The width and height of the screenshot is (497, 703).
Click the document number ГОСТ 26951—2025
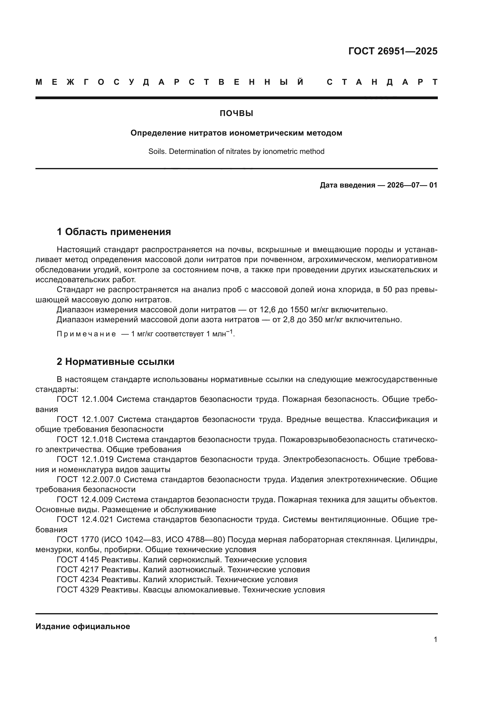pyautogui.click(x=393, y=51)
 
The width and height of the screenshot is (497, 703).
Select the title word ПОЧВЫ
pyautogui.click(x=236, y=114)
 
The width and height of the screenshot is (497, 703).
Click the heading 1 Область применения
pyautogui.click(x=114, y=232)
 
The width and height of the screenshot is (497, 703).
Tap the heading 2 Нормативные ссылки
pyautogui.click(x=115, y=362)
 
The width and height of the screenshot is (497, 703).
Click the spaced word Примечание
pyautogui.click(x=86, y=334)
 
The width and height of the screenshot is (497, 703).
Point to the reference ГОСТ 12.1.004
pyautogui.click(x=85, y=399)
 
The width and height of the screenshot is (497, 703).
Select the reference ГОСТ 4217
pyautogui.click(x=78, y=570)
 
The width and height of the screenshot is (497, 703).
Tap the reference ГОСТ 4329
pyautogui.click(x=78, y=590)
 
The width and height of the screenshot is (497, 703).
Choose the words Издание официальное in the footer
pyautogui.click(x=83, y=626)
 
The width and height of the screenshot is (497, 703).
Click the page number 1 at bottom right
pyautogui.click(x=435, y=639)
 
